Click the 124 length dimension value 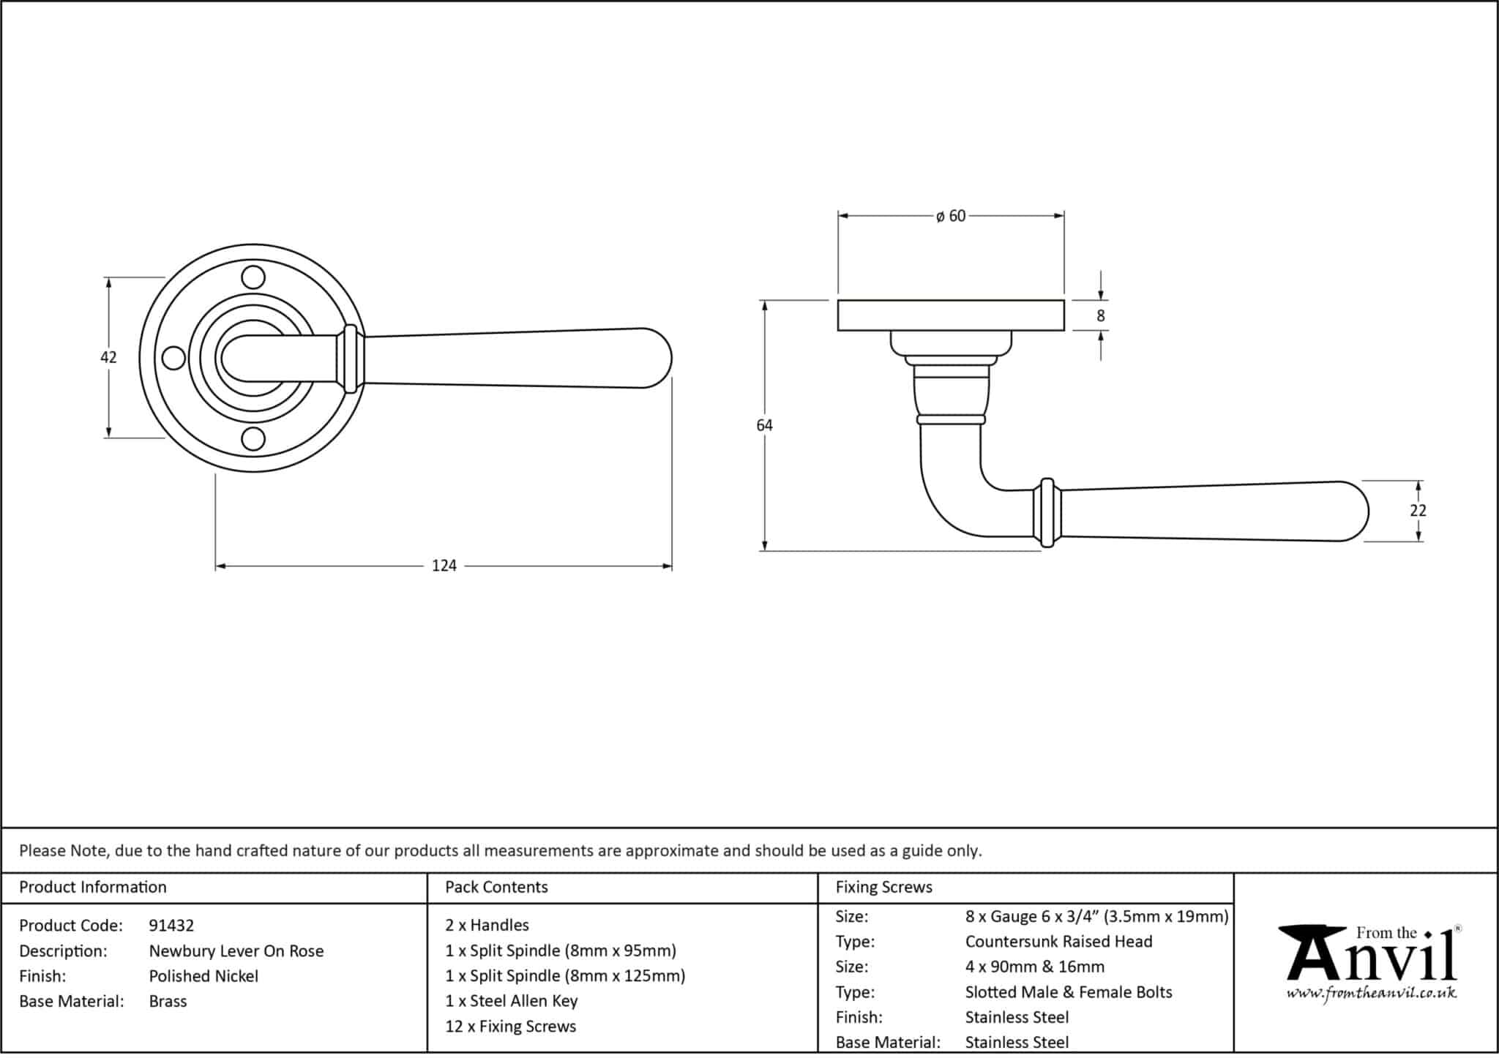coord(444,566)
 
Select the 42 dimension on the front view coord(108,357)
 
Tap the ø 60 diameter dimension coord(951,216)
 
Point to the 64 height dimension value coord(764,425)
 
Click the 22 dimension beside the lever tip coord(1418,511)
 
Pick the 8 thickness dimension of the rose coord(1100,316)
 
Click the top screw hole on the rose coord(253,278)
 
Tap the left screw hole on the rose coord(173,358)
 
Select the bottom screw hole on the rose coord(253,438)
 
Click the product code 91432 coord(171,926)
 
